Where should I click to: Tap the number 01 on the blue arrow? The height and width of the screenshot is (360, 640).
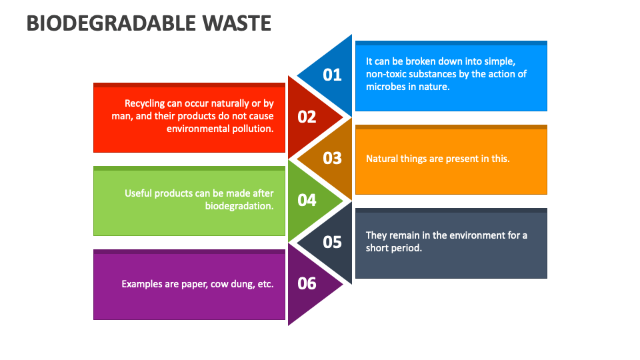pyautogui.click(x=332, y=75)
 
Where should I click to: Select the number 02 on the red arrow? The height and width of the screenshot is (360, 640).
pyautogui.click(x=307, y=117)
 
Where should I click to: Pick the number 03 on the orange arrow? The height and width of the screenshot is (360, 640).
pyautogui.click(x=332, y=158)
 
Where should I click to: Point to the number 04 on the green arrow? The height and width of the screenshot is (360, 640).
pyautogui.click(x=307, y=200)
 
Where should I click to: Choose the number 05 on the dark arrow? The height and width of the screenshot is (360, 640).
pyautogui.click(x=332, y=241)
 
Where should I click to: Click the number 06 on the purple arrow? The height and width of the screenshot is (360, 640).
pyautogui.click(x=307, y=283)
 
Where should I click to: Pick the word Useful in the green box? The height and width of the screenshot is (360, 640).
pyautogui.click(x=139, y=193)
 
